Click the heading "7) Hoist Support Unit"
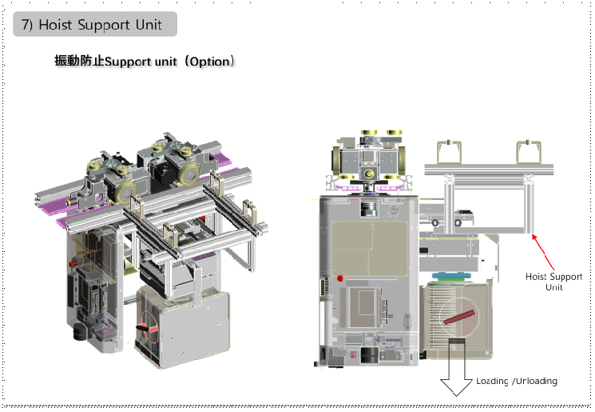click(95, 25)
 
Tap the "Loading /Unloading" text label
click(517, 381)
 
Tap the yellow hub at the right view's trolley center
click(369, 173)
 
